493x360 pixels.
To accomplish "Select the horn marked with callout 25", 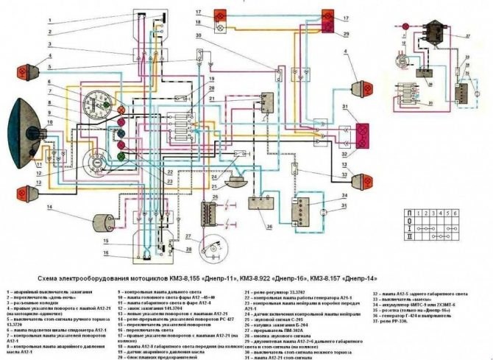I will click(x=236, y=180).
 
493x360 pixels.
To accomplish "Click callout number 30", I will click(x=199, y=38).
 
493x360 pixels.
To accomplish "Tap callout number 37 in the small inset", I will click(x=467, y=36).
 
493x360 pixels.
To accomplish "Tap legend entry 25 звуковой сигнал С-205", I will click(x=276, y=322).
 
